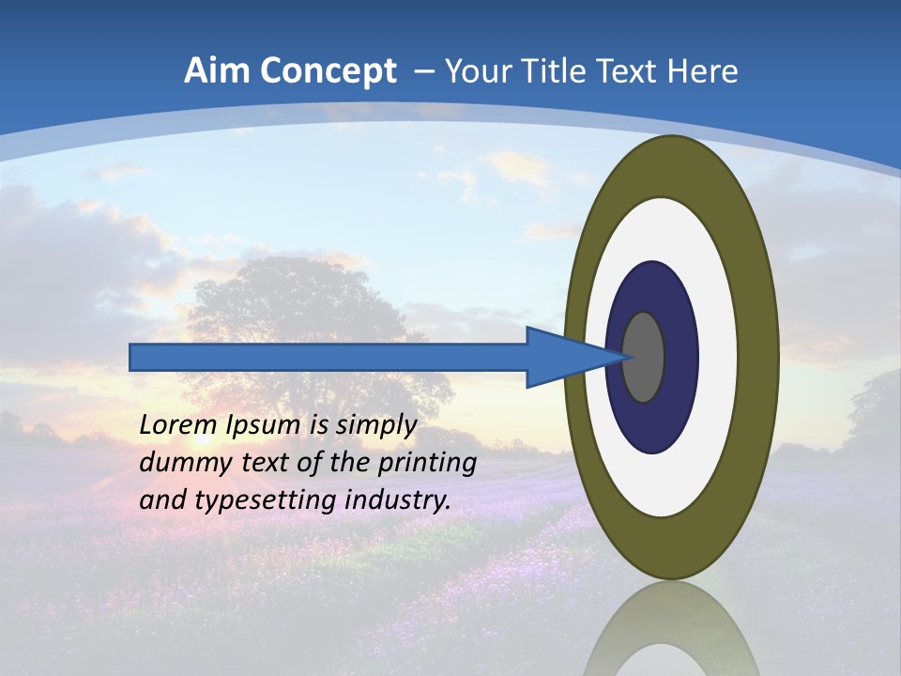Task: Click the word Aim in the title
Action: [x=216, y=71]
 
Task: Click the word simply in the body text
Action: [x=375, y=425]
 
